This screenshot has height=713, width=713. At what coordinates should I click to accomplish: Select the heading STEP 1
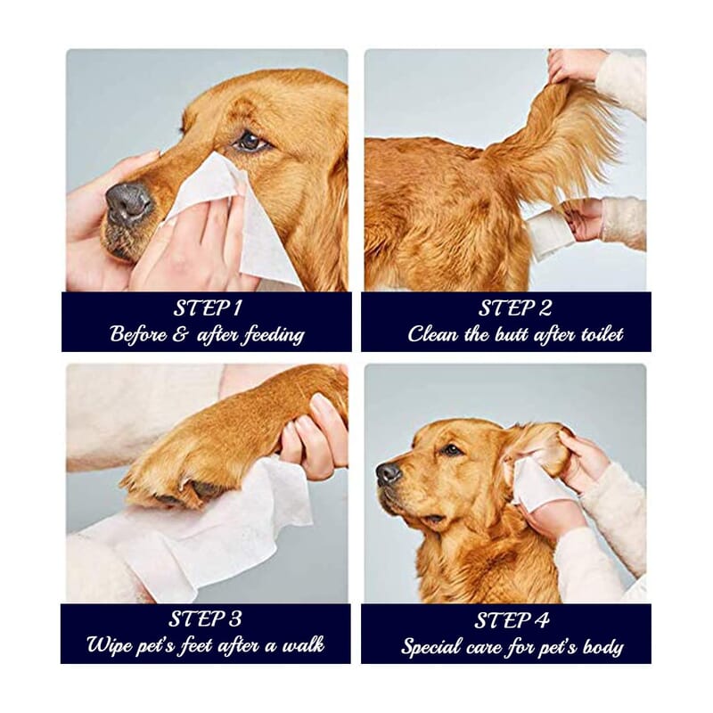pyautogui.click(x=207, y=308)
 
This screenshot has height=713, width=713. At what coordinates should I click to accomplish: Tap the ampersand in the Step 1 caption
pyautogui.click(x=178, y=336)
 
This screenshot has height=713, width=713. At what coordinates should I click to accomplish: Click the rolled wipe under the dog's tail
pyautogui.click(x=547, y=234)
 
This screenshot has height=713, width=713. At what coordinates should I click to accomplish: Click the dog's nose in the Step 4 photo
pyautogui.click(x=388, y=472)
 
